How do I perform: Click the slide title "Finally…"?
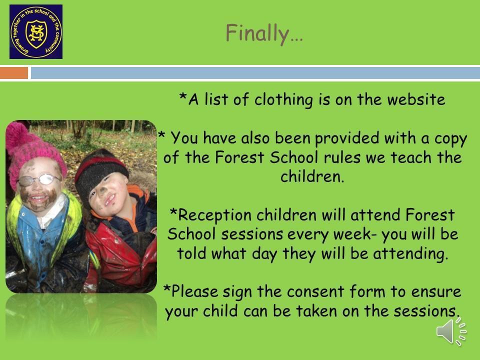pos(264,33)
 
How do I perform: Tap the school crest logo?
pos(36,31)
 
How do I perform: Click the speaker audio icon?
pos(451,331)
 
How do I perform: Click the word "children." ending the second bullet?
pos(312,176)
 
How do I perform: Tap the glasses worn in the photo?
pos(38,179)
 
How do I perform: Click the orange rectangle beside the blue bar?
pos(14,73)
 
